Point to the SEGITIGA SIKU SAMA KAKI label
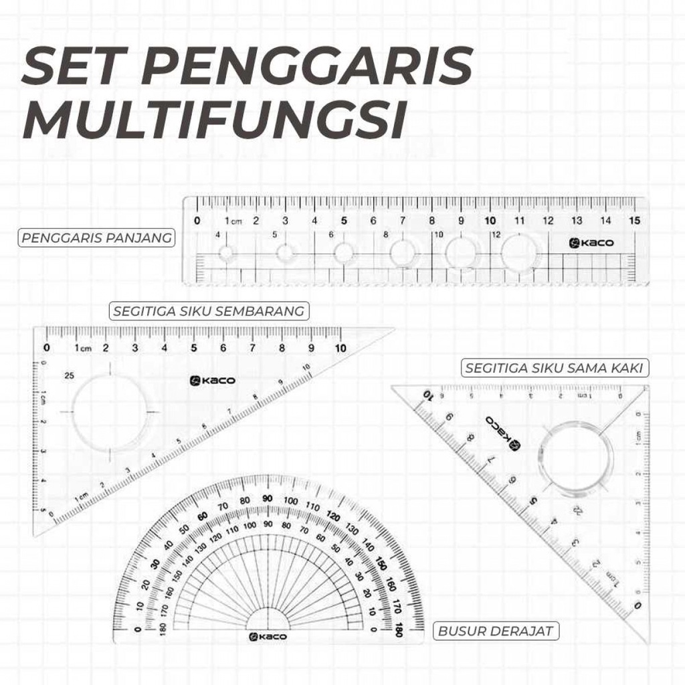click(x=553, y=368)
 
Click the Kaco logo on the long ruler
click(x=591, y=243)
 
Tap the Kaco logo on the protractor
click(x=267, y=636)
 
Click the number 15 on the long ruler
click(x=634, y=221)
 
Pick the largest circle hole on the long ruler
click(x=520, y=253)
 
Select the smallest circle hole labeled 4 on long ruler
click(x=227, y=254)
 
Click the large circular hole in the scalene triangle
click(x=110, y=412)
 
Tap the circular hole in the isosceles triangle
click(x=577, y=460)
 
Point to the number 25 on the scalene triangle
click(x=69, y=376)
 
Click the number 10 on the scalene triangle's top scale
click(x=340, y=348)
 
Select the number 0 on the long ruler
click(x=197, y=221)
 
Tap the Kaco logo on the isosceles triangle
click(x=502, y=431)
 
